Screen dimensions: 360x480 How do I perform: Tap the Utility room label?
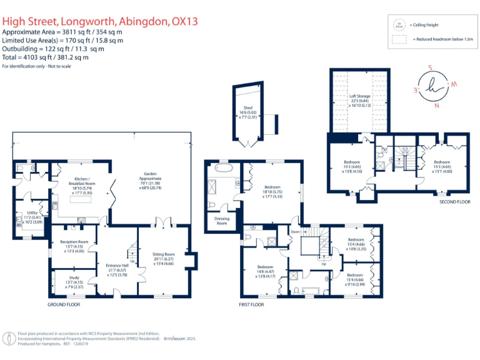coord(32,217)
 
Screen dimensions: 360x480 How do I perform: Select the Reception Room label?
coord(74,246)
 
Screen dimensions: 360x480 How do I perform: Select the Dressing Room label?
coord(222,220)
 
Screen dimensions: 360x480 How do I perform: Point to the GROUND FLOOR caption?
coord(64,304)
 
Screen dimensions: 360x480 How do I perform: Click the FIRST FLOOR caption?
coord(251,304)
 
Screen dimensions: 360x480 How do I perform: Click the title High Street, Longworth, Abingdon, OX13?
coord(100,21)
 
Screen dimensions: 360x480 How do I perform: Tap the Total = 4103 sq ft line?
coord(46,57)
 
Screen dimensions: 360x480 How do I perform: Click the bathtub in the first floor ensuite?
coord(223,168)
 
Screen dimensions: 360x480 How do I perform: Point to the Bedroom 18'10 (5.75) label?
coord(272,191)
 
